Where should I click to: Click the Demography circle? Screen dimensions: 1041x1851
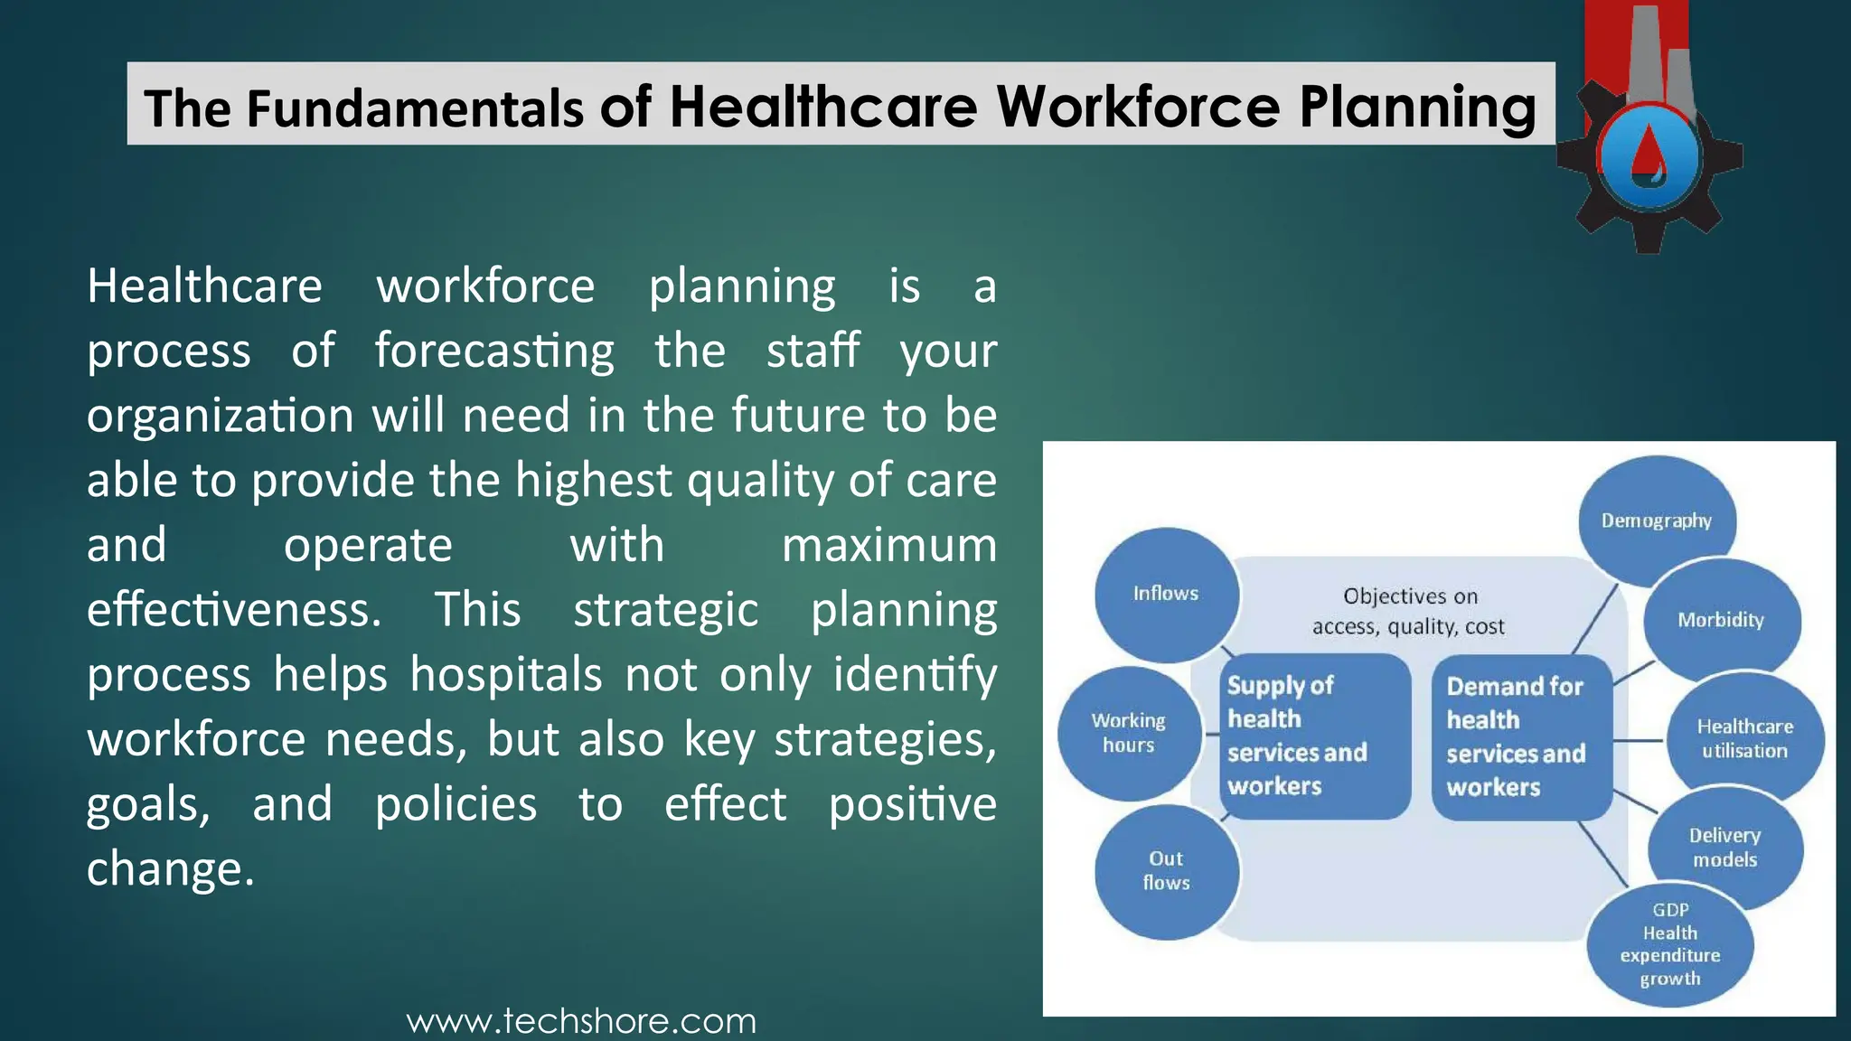coord(1657,520)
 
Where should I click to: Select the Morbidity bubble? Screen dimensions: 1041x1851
coord(1721,620)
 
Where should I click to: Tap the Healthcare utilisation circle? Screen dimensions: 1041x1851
coord(1744,738)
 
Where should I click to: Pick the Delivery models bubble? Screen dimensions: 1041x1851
coord(1724,847)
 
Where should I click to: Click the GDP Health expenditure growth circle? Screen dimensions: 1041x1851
coord(1670,944)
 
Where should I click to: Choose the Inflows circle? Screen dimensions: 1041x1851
coord(1166,594)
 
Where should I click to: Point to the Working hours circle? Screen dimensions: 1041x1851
coord(1129,733)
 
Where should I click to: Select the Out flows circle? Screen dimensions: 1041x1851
coord(1166,871)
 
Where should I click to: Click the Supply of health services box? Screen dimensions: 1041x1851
coord(1313,736)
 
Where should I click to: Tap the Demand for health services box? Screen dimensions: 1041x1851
coord(1522,736)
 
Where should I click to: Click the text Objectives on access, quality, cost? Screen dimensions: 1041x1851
coord(1409,611)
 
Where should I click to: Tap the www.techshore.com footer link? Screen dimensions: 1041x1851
coord(581,1021)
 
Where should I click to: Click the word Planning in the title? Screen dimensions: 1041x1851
coord(1417,108)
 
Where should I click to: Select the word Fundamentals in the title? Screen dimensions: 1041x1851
coord(415,108)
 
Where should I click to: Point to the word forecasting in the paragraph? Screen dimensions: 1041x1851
coord(494,351)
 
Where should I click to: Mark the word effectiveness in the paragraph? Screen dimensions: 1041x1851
coord(234,609)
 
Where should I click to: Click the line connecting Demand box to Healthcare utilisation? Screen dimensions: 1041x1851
coord(1638,740)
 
